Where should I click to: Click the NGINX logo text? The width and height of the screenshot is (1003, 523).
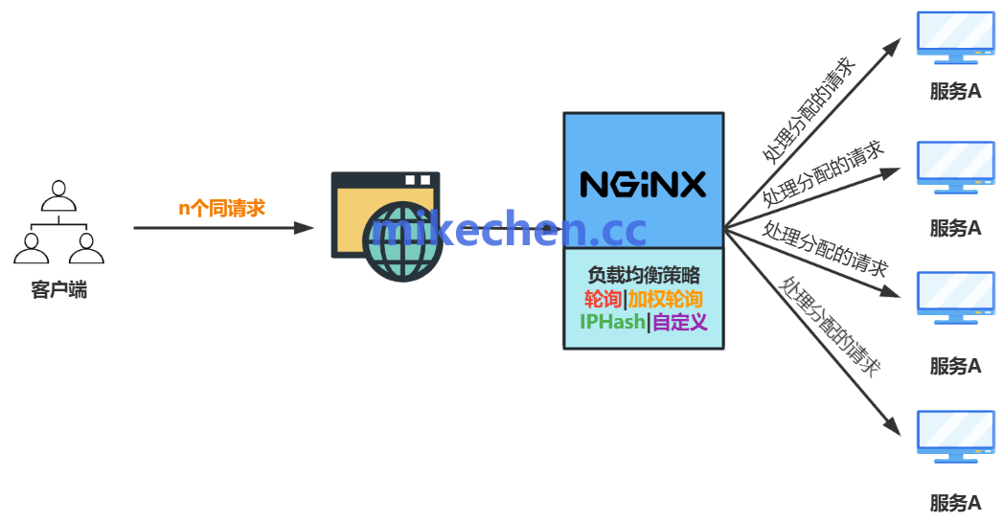click(x=643, y=183)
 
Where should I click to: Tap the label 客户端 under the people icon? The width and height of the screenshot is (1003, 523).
click(x=59, y=290)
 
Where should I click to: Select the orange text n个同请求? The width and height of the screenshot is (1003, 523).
click(x=222, y=208)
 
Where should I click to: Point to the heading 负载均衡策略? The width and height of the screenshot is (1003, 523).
click(x=643, y=276)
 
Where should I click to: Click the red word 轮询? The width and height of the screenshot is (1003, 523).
click(x=603, y=299)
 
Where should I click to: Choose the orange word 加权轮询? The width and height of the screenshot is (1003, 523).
click(x=666, y=299)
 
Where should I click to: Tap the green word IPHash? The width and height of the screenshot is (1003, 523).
click(x=612, y=322)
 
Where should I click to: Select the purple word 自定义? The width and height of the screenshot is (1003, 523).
click(x=680, y=322)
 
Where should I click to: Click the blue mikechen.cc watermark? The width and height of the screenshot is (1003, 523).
click(x=510, y=230)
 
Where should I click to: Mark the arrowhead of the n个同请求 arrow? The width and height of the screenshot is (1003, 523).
click(x=305, y=228)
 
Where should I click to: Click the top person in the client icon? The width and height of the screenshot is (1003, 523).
click(x=58, y=192)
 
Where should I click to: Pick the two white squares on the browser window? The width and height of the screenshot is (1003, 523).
click(x=417, y=180)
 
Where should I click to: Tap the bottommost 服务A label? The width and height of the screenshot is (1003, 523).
click(x=955, y=503)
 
